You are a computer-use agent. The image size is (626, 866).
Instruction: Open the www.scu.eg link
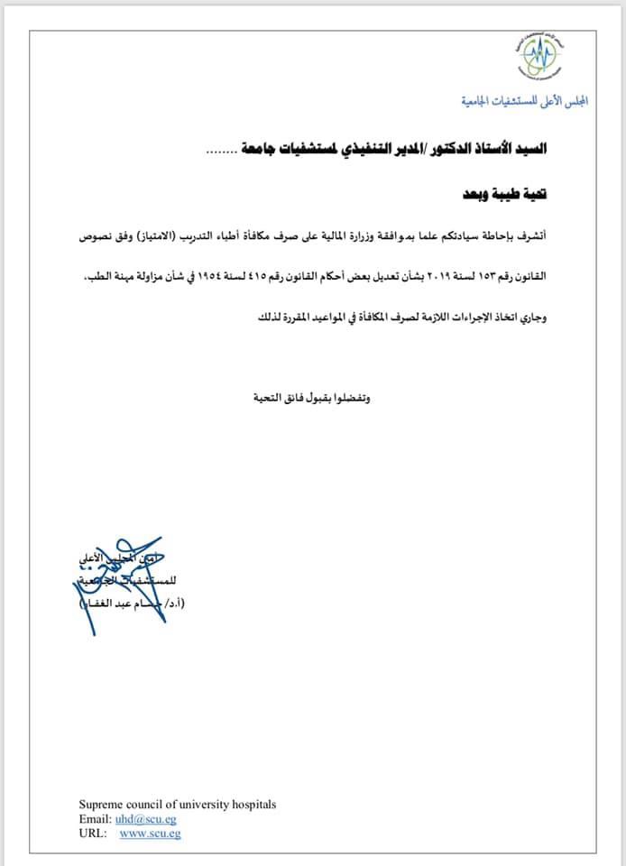tap(150, 834)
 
